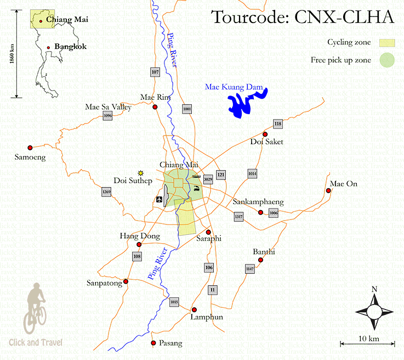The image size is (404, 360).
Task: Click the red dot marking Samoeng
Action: pos(30,147)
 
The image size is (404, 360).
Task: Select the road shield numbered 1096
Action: pos(107,116)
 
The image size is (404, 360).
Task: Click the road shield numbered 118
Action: pos(278,124)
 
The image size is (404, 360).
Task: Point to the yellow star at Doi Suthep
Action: pos(141,172)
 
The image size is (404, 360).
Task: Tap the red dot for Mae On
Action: pos(328,191)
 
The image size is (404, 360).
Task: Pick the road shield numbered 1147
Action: pos(250,268)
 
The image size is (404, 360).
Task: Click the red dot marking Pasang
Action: pos(153,344)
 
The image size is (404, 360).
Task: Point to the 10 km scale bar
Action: pos(367,344)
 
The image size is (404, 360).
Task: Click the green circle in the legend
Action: pos(387,60)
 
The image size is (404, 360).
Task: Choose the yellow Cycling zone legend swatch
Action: pos(387,42)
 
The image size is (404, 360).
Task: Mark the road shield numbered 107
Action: pos(155,72)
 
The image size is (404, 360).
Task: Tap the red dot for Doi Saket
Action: pos(265,134)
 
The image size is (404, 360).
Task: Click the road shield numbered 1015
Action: pos(174,301)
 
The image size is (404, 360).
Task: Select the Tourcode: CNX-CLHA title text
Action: pos(303,18)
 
